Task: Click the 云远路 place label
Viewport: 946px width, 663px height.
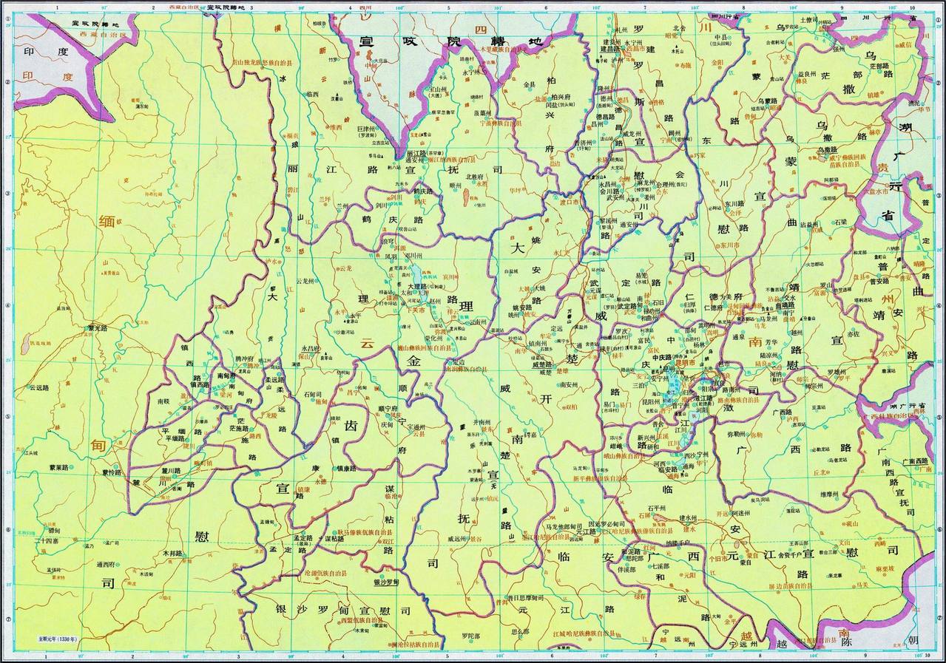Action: tap(42, 387)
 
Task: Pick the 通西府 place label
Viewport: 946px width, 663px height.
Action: tap(109, 563)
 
